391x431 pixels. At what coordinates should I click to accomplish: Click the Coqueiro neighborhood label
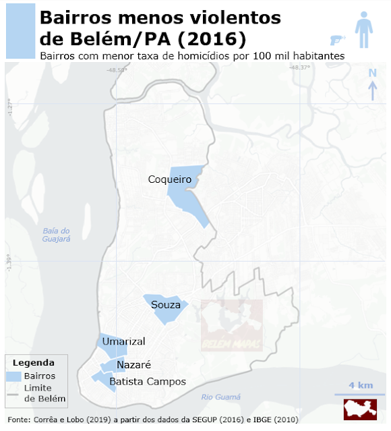click(171, 179)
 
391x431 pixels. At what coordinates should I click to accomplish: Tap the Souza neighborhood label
click(166, 305)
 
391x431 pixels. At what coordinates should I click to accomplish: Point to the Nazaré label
click(133, 365)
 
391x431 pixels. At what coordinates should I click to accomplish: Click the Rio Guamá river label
click(220, 397)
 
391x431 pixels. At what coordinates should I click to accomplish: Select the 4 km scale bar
click(360, 391)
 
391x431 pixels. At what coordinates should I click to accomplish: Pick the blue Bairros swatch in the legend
click(14, 376)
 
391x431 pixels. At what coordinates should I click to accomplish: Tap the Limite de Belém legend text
click(44, 393)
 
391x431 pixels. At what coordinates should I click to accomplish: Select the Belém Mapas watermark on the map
click(232, 326)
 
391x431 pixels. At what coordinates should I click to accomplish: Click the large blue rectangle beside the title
click(20, 30)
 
